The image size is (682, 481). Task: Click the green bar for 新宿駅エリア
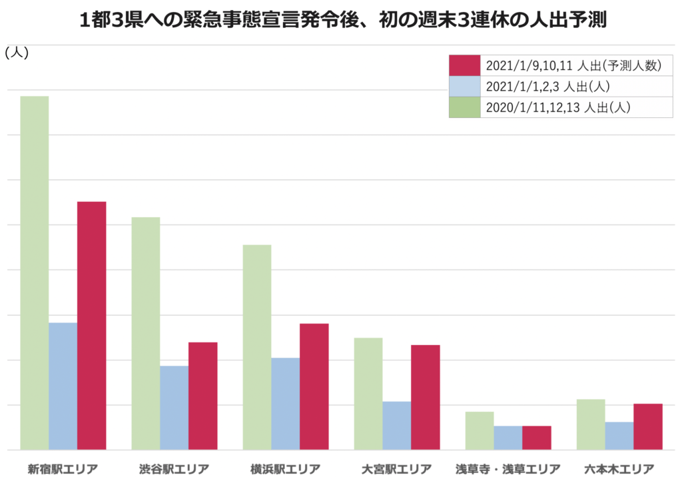(35, 272)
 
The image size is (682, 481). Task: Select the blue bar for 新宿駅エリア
(63, 386)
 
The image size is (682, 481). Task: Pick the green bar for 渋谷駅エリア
(146, 333)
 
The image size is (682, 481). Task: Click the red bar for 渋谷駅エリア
(203, 396)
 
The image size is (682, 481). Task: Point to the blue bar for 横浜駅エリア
(285, 404)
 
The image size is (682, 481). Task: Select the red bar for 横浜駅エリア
(314, 386)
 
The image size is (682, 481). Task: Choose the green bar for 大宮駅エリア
(368, 394)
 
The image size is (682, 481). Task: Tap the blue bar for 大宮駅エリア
(397, 426)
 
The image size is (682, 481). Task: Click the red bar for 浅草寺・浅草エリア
(537, 438)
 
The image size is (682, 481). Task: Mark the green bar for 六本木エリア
(591, 424)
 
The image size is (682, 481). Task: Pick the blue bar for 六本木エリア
(619, 436)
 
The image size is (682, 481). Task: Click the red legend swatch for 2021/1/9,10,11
(465, 65)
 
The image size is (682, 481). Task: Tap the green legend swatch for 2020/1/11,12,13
(465, 107)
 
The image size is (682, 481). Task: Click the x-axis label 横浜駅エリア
(286, 468)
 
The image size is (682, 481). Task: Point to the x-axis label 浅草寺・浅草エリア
(508, 468)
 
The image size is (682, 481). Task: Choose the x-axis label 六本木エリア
(619, 468)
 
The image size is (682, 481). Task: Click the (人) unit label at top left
(16, 54)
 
